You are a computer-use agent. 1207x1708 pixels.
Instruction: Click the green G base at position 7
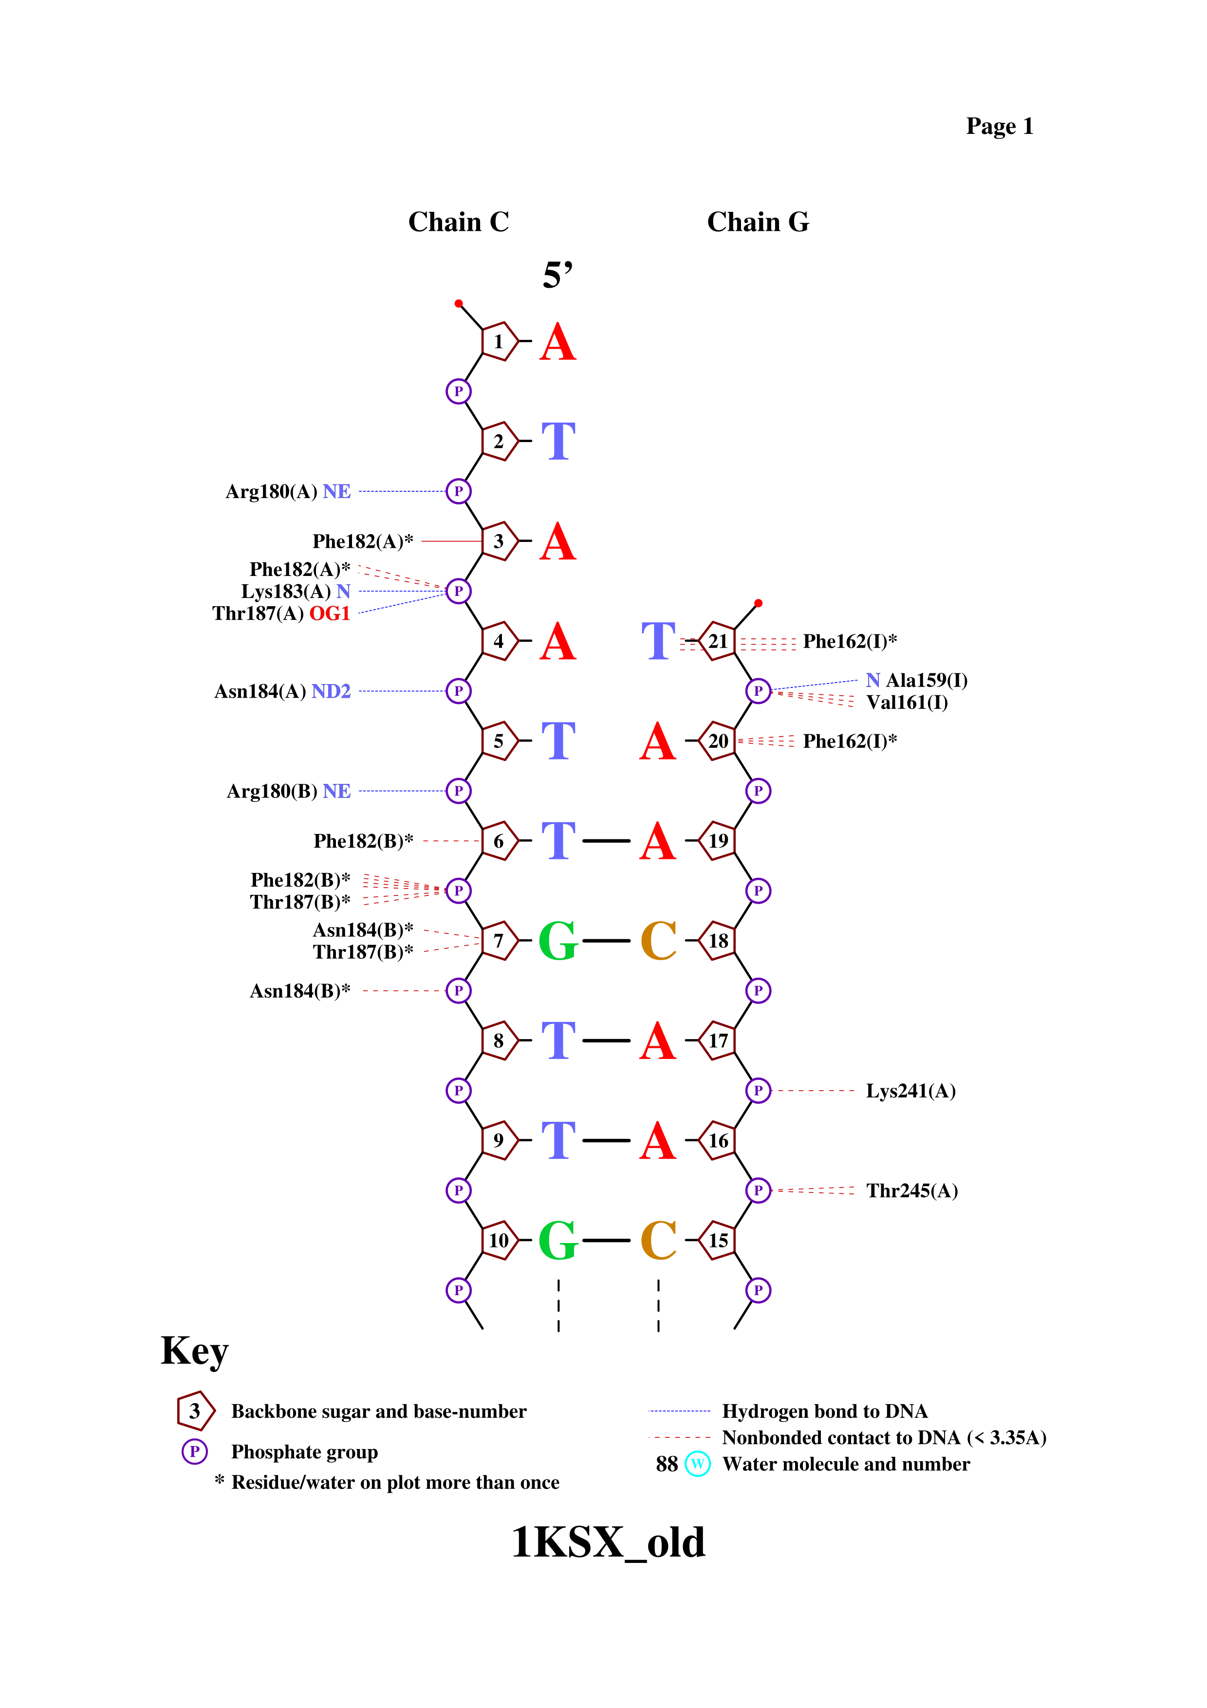pyautogui.click(x=558, y=941)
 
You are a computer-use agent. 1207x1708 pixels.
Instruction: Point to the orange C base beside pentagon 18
pyautogui.click(x=659, y=941)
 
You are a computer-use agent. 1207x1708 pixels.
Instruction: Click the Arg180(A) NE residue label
pyautogui.click(x=288, y=492)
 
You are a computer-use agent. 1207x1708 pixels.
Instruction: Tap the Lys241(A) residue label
pyautogui.click(x=910, y=1091)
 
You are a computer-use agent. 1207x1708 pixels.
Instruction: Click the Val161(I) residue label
pyautogui.click(x=907, y=702)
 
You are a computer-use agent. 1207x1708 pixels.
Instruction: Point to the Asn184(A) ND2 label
pyautogui.click(x=282, y=692)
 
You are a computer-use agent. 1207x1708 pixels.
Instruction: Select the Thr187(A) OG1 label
pyautogui.click(x=280, y=613)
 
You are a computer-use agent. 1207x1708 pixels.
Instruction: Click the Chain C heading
pyautogui.click(x=458, y=222)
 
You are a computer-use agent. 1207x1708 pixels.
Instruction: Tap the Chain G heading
pyautogui.click(x=758, y=222)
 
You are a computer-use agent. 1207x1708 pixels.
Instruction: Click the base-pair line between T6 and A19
pyautogui.click(x=606, y=840)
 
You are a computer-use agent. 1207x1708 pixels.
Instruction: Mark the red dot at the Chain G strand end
pyautogui.click(x=758, y=603)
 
